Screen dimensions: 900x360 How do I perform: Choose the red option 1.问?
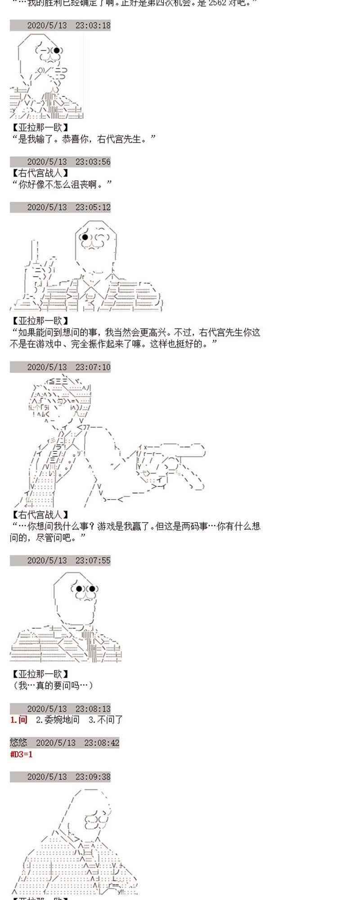18,720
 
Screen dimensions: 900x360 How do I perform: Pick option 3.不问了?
106,720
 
